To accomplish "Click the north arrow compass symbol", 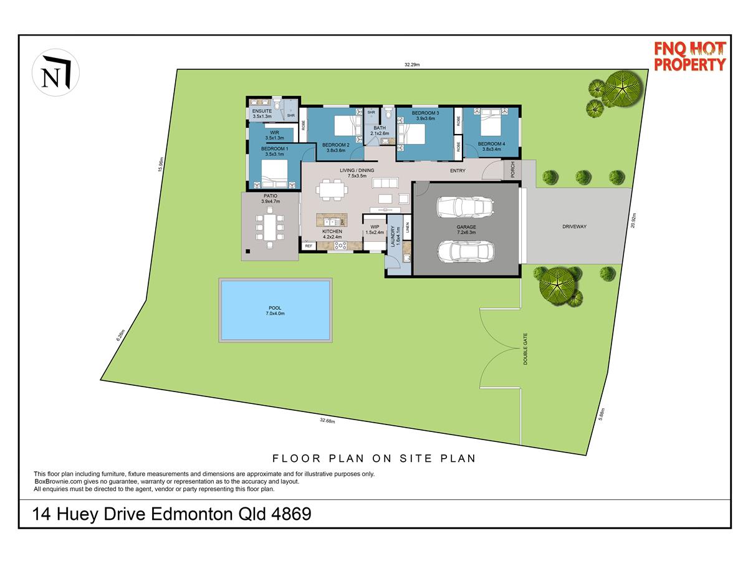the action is [55, 72].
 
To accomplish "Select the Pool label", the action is [275, 310].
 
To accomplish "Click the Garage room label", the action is [466, 229].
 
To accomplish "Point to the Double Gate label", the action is [525, 349].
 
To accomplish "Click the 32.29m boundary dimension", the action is [412, 64].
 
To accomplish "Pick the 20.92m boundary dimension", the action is [633, 221].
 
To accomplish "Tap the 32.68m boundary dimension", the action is [327, 421].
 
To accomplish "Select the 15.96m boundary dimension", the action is [161, 164].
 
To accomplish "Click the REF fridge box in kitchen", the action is [309, 246].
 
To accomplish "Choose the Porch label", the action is [512, 170].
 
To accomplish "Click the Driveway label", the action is [574, 226].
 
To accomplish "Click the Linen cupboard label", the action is [408, 228].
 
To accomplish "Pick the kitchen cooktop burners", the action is [340, 245].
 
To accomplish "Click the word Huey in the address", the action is [78, 514].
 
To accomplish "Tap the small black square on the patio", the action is [247, 251].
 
